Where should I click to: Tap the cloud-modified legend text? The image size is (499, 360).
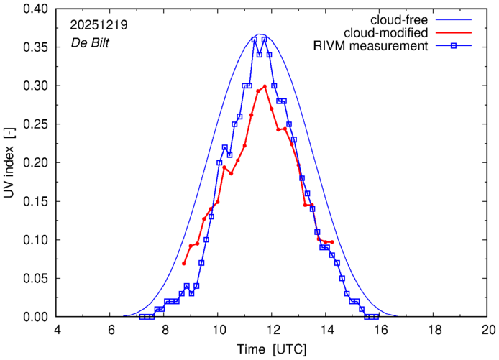click(387, 32)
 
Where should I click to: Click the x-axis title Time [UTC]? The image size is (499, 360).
click(273, 349)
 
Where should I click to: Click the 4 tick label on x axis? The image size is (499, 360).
click(58, 330)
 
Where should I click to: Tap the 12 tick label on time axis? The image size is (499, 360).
click(273, 330)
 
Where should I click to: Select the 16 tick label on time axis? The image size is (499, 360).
click(381, 330)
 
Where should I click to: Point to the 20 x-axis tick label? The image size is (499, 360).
click(489, 330)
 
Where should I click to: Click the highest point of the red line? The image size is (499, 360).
click(265, 86)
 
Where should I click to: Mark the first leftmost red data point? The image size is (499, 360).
click(183, 263)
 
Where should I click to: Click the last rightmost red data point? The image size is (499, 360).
click(332, 241)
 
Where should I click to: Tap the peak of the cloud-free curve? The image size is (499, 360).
click(261, 34)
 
